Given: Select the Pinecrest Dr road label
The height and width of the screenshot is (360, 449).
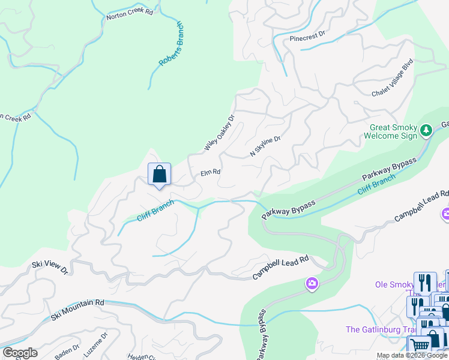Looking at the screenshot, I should point(307,37).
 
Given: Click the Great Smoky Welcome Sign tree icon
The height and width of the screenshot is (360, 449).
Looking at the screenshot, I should point(426,130).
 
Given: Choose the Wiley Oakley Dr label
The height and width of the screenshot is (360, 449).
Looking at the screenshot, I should point(218,133).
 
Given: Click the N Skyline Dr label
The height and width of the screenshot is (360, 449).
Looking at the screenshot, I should point(265,147).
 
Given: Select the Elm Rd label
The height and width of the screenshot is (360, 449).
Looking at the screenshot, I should point(210,172).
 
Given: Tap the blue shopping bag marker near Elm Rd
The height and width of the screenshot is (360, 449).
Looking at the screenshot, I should point(160,175).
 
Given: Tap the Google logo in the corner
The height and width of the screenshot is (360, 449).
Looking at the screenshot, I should point(20,353).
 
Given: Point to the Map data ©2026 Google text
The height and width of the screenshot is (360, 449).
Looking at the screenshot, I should point(412,356).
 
